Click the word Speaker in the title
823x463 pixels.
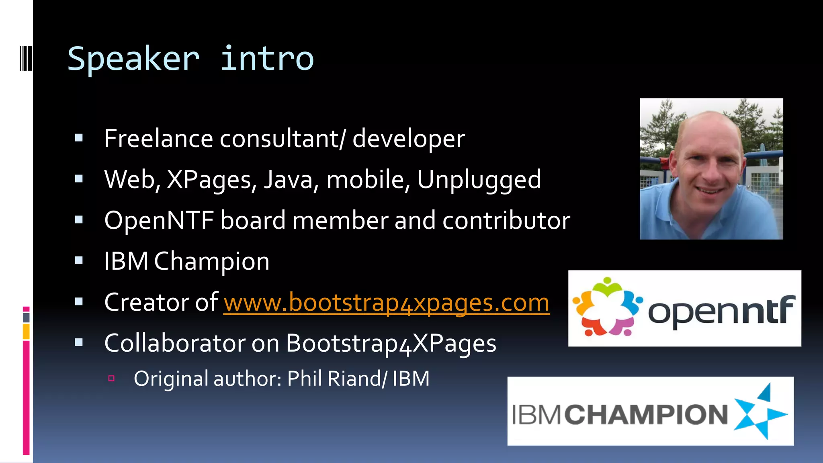133,59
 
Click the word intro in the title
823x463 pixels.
267,59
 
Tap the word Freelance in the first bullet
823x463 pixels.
158,139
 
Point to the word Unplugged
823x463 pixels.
479,179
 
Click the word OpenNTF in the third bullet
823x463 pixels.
159,220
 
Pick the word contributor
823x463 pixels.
506,220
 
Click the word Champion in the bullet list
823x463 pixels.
211,262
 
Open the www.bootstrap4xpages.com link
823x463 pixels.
387,303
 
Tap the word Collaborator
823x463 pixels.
175,343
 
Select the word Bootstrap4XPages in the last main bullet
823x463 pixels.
391,344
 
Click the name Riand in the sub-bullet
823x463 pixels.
354,379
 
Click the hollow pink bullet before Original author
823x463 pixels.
112,378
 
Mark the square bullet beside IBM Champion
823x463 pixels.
79,260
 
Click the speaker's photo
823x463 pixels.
711,169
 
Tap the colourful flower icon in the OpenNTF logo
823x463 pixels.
607,307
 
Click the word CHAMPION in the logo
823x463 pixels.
647,414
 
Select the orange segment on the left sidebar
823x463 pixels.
26,332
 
